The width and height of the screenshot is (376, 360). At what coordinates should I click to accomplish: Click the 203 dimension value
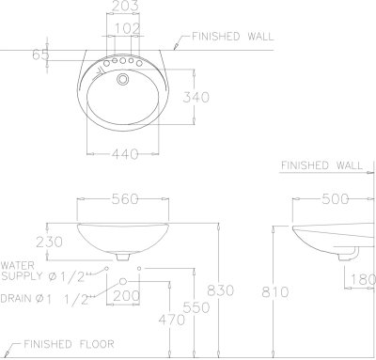point(125,6)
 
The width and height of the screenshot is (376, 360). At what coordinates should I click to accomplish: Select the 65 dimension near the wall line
point(40,55)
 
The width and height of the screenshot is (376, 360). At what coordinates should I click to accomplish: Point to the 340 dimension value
point(196,97)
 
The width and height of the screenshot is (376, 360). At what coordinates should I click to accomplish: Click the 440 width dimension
point(125,154)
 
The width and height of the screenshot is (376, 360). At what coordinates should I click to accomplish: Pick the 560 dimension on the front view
point(125,199)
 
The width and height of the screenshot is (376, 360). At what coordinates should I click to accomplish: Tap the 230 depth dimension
point(49,242)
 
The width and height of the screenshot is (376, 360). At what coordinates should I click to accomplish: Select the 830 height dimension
point(220,290)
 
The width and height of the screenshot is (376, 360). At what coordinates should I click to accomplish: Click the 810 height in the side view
point(275,292)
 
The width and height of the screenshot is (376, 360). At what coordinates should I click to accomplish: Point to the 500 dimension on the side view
point(335,199)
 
